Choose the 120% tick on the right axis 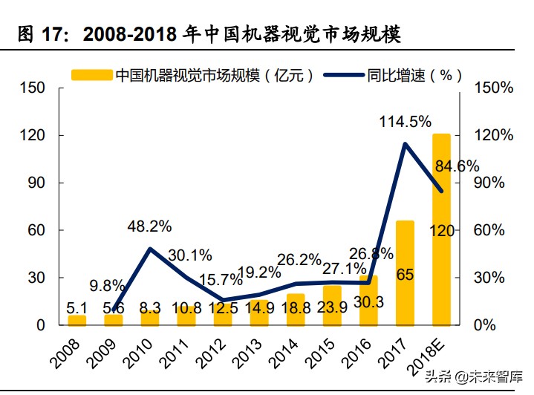point(493,135)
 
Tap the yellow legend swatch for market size point(91,74)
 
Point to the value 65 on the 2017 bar point(405,275)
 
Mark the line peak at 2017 point(405,144)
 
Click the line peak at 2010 point(150,249)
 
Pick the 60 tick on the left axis point(36,230)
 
